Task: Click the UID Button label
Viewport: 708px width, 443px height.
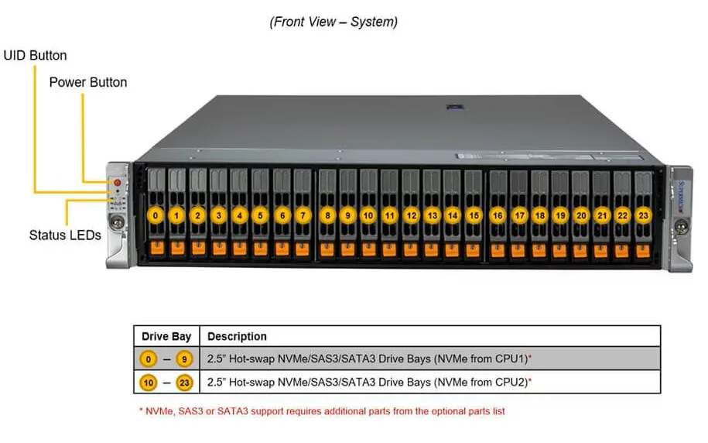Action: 36,56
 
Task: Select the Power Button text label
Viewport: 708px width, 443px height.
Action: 88,82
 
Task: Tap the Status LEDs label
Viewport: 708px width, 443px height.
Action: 65,235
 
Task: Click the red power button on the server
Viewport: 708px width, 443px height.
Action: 118,183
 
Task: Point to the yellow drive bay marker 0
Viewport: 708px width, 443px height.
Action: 156,215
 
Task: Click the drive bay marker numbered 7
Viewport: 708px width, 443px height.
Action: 303,215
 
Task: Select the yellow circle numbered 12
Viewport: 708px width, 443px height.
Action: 411,215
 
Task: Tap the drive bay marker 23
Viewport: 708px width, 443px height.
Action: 644,215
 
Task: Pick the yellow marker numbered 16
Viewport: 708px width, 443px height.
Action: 498,215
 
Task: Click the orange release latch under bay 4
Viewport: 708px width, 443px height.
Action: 240,248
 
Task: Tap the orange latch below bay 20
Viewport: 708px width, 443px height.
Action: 580,250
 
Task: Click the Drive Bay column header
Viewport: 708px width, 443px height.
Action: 166,337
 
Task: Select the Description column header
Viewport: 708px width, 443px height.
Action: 237,337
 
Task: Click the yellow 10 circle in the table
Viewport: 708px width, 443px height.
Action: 148,383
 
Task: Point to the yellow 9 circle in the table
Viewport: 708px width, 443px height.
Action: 184,359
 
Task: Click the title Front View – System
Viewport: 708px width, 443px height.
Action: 333,22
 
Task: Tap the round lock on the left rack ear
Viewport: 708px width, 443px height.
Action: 118,222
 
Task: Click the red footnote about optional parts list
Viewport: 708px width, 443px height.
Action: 323,411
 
